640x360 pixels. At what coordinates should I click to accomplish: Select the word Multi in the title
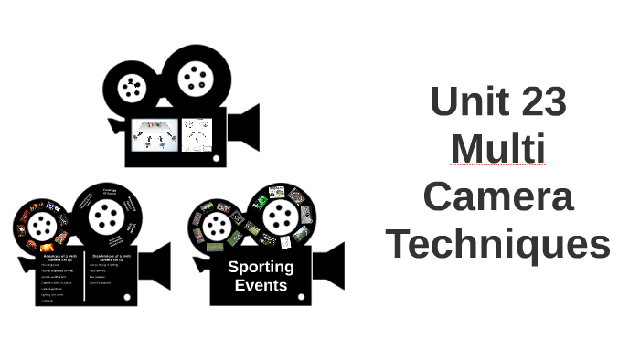498,149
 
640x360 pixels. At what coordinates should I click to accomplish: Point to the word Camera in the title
498,196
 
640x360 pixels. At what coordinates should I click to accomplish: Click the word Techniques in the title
498,245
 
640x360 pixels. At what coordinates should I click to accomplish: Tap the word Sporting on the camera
261,267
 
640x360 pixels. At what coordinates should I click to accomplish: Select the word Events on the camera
261,285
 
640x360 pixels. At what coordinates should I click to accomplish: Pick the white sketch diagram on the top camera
197,134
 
